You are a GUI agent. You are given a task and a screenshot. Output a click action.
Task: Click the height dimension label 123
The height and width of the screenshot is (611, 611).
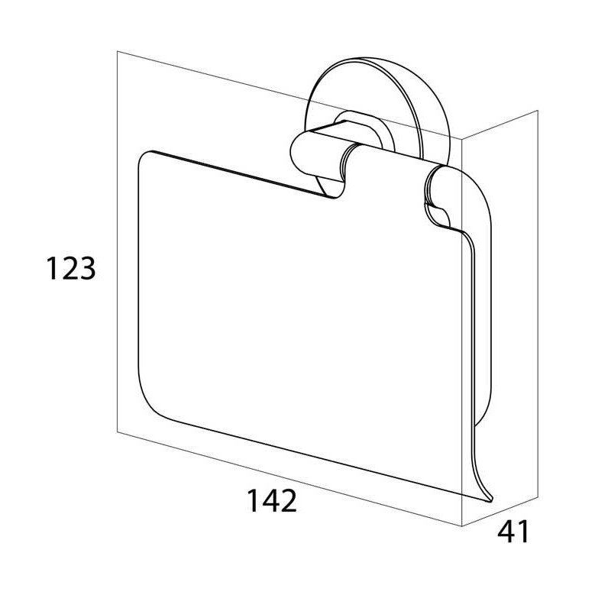click(x=71, y=268)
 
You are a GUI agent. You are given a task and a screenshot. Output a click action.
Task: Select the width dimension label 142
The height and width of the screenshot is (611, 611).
click(x=272, y=500)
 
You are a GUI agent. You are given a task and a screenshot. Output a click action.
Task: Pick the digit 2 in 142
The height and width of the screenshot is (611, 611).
click(x=288, y=500)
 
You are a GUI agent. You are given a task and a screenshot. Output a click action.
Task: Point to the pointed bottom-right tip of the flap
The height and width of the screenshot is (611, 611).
click(x=492, y=499)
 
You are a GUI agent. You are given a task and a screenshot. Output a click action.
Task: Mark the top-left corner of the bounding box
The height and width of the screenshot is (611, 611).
click(x=118, y=51)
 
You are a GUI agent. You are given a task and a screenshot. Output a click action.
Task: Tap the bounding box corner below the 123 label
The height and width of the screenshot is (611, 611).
click(x=118, y=432)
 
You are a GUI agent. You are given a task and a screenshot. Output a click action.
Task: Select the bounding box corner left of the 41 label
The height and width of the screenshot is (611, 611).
click(x=462, y=526)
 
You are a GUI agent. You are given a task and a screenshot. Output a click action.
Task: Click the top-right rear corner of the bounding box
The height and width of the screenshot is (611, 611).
click(x=538, y=110)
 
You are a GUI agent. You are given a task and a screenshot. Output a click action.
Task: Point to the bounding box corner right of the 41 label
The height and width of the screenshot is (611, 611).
click(x=538, y=497)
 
